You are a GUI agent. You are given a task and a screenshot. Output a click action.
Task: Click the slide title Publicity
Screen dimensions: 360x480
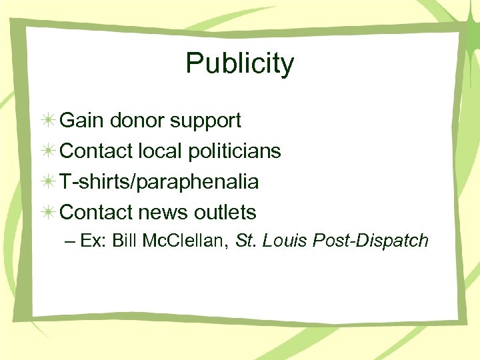(239, 64)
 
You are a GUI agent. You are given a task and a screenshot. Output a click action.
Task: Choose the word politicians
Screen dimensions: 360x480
(234, 151)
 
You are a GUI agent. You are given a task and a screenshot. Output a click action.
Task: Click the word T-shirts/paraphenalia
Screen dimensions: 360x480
(159, 182)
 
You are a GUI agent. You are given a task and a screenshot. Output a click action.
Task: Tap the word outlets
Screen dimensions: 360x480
(225, 213)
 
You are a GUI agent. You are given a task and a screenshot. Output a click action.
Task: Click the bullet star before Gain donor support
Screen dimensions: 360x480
(48, 121)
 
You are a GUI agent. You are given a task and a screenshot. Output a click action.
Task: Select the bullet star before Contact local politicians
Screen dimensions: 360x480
(48, 152)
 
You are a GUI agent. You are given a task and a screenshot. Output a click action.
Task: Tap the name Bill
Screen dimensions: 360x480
(125, 241)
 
